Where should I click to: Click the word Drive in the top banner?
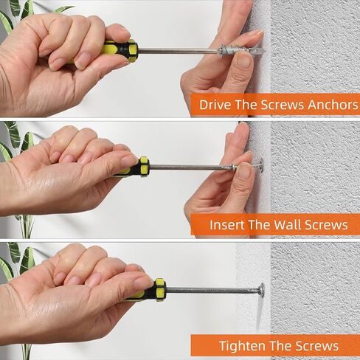click(x=215, y=105)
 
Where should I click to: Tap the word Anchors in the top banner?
click(x=333, y=105)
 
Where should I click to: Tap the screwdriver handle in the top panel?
click(x=117, y=50)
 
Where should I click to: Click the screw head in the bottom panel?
click(x=261, y=291)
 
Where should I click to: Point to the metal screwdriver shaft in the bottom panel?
click(x=212, y=290)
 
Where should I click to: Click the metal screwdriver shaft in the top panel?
click(x=178, y=51)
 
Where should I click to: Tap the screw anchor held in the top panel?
click(x=242, y=52)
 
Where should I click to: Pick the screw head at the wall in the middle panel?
click(x=260, y=165)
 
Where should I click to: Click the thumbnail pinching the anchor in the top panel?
click(x=244, y=60)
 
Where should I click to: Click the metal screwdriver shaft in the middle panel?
click(x=190, y=167)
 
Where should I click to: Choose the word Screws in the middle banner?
click(x=327, y=225)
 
